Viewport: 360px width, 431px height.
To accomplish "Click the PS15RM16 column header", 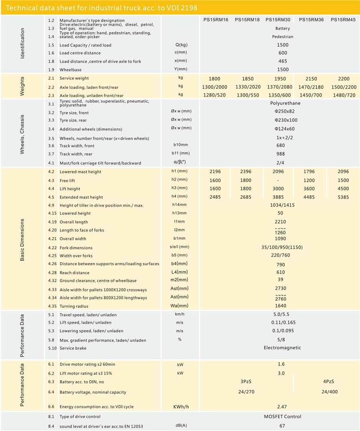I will pyautogui.click(x=215, y=20).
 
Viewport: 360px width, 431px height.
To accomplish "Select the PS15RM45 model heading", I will pyautogui.click(x=343, y=20).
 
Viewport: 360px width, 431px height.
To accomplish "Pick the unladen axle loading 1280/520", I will pyautogui.click(x=215, y=96).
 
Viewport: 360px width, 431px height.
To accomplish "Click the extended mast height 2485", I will pyautogui.click(x=215, y=197).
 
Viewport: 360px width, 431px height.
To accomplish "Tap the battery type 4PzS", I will pyautogui.click(x=328, y=382).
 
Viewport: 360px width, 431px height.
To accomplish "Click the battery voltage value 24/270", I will pyautogui.click(x=246, y=392).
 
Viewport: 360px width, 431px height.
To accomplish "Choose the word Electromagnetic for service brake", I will pyautogui.click(x=282, y=348).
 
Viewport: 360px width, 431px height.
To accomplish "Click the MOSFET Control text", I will pyautogui.click(x=282, y=417).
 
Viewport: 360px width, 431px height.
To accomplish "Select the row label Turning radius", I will pyautogui.click(x=74, y=306).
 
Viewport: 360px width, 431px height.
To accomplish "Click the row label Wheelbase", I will pyautogui.click(x=70, y=70).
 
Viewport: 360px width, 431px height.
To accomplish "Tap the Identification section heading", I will pyautogui.click(x=22, y=44).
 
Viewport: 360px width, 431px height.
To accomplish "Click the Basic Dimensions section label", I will pyautogui.click(x=22, y=240).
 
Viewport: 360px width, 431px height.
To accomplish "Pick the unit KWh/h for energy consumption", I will pyautogui.click(x=181, y=407).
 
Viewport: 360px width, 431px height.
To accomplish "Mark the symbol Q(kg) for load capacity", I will pyautogui.click(x=181, y=45).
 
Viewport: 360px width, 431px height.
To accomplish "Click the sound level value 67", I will pyautogui.click(x=282, y=426).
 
